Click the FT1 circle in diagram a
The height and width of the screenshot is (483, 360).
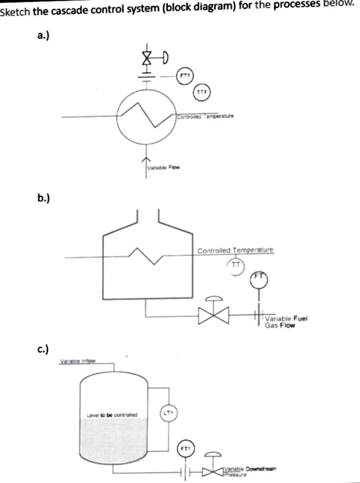185,75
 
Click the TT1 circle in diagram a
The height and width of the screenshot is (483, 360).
202,92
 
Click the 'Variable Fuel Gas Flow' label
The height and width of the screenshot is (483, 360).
286,321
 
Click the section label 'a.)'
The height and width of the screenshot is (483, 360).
45,35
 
